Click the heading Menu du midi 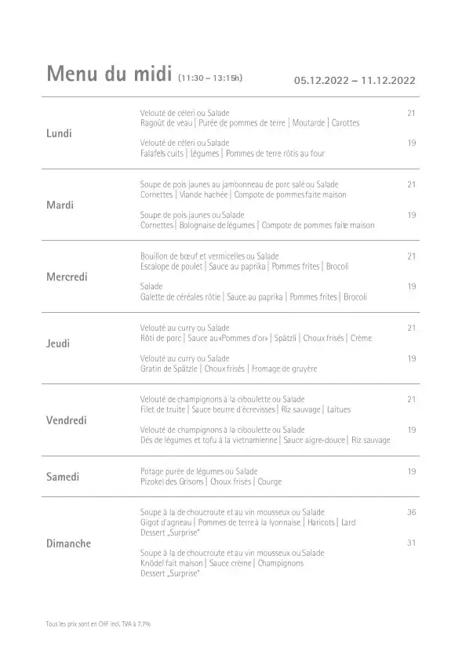click(110, 75)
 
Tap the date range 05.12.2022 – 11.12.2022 click(354, 80)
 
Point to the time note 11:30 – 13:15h click(211, 78)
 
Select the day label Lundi click(60, 133)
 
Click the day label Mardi click(60, 205)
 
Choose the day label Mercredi click(67, 277)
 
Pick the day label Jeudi click(59, 343)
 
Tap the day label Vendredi click(66, 420)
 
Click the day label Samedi click(64, 477)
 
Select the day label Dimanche click(68, 543)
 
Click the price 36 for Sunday click(411, 511)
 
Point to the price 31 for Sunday click(411, 543)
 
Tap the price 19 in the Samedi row click(411, 471)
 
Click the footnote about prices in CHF click(98, 624)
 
